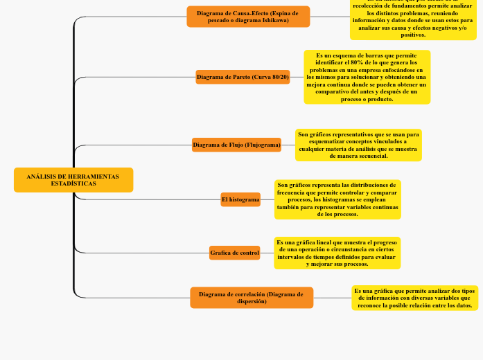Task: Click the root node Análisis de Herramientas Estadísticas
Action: coord(73,180)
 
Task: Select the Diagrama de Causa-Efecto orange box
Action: coord(248,17)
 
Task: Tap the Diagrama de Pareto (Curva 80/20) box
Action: coord(243,77)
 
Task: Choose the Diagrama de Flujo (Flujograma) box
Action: coord(236,145)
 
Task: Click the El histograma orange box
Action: coord(240,199)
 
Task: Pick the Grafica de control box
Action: coord(234,253)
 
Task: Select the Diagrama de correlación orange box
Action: coord(251,298)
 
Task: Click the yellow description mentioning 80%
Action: coord(367,77)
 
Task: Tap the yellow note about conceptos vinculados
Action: coord(358,145)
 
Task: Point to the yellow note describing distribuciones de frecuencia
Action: coord(337,199)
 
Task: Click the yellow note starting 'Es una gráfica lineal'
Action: coord(337,253)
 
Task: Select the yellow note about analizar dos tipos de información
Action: coord(414,298)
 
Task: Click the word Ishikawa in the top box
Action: coord(276,20)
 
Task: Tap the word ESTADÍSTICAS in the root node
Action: coord(73,183)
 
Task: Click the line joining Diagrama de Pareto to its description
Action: coord(297,77)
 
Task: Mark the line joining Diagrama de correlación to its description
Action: coord(332,298)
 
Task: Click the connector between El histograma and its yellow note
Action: coord(267,199)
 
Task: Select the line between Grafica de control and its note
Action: coord(267,253)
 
